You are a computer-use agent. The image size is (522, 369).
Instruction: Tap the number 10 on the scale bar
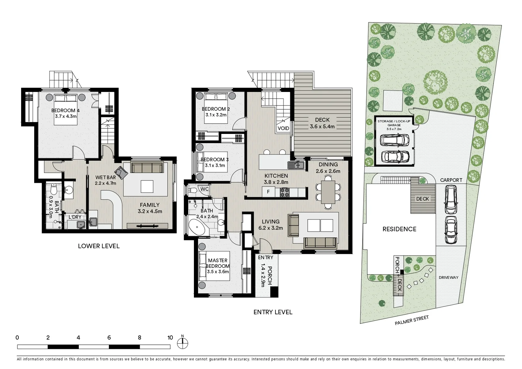point(170,338)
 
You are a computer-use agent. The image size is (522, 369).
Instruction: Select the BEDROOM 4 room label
point(66,110)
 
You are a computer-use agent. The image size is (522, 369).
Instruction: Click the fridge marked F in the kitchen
point(268,192)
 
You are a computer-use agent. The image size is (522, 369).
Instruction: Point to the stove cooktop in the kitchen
point(284,192)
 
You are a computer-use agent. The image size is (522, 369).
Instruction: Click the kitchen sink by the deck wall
point(296,165)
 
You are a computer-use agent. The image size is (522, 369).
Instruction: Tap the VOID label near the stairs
point(283,128)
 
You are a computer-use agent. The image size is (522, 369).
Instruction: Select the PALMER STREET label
point(411,320)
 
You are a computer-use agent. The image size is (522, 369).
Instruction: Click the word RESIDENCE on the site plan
point(399,229)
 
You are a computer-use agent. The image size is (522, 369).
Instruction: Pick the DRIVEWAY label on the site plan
point(448,277)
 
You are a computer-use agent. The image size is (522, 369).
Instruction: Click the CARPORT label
point(451,180)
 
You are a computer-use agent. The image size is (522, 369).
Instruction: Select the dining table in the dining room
point(328,192)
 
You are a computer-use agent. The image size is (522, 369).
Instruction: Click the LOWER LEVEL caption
point(99,246)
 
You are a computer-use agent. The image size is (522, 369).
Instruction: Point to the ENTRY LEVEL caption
point(273,312)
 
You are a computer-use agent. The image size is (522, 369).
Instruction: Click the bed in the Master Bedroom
point(214,266)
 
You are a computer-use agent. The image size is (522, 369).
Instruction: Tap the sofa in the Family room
point(147,168)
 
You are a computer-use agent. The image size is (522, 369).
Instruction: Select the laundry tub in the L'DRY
point(81,224)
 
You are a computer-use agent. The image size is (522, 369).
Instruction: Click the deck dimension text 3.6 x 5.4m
point(322,126)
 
